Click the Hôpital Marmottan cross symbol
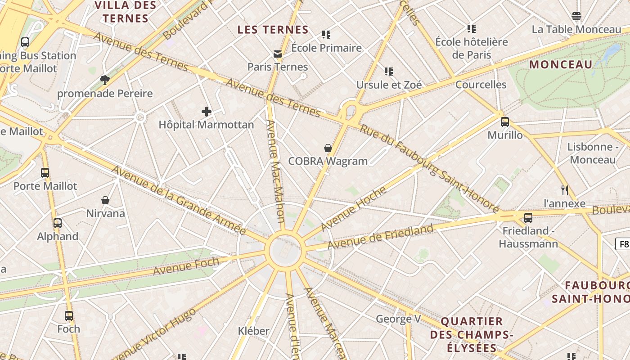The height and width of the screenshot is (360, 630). click(207, 112)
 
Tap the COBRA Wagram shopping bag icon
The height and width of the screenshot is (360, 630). click(328, 148)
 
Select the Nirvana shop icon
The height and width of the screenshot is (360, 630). click(105, 200)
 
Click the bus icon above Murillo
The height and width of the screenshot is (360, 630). click(505, 122)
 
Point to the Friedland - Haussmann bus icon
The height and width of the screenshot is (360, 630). click(528, 218)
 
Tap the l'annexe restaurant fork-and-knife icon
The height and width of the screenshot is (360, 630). click(565, 190)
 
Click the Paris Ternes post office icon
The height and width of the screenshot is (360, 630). click(278, 54)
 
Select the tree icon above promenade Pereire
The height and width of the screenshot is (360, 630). click(105, 80)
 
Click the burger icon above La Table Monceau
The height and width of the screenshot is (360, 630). click(576, 17)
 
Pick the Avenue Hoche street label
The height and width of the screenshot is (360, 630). click(354, 208)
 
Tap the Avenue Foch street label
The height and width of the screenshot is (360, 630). click(186, 266)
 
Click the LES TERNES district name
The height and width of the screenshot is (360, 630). click(273, 30)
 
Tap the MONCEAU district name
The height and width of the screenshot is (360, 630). click(561, 64)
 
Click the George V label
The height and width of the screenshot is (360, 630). click(398, 319)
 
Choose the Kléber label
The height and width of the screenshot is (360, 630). click(253, 331)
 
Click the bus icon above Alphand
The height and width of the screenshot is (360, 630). click(58, 223)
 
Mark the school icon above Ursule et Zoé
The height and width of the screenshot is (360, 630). click(389, 72)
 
